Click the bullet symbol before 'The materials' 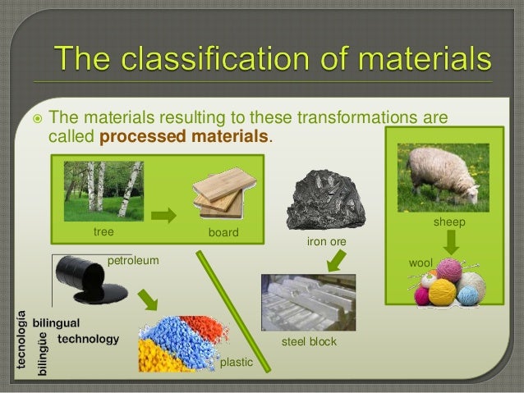tap(33, 120)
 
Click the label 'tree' tap(103, 232)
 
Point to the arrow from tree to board tap(165, 216)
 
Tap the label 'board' tap(223, 233)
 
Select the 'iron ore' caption tap(326, 242)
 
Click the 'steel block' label tap(309, 340)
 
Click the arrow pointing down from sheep tap(451, 242)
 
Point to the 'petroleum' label tap(132, 261)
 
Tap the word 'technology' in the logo tap(88, 339)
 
